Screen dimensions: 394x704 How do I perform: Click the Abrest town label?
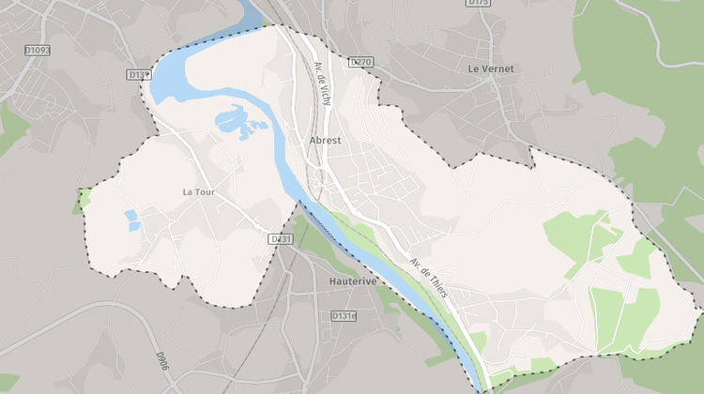325,141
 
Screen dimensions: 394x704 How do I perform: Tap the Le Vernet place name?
492,68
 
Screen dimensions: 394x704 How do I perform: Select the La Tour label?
199,192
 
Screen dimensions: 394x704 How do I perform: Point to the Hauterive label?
353,280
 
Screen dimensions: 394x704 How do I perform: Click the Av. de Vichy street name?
322,84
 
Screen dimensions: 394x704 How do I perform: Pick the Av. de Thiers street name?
429,279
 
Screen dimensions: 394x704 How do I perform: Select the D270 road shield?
360,62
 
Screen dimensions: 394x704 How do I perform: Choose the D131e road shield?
344,316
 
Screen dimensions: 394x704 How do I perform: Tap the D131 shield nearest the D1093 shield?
138,74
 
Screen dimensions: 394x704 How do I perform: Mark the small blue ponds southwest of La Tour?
131,220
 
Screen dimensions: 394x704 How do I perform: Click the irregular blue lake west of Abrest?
235,122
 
